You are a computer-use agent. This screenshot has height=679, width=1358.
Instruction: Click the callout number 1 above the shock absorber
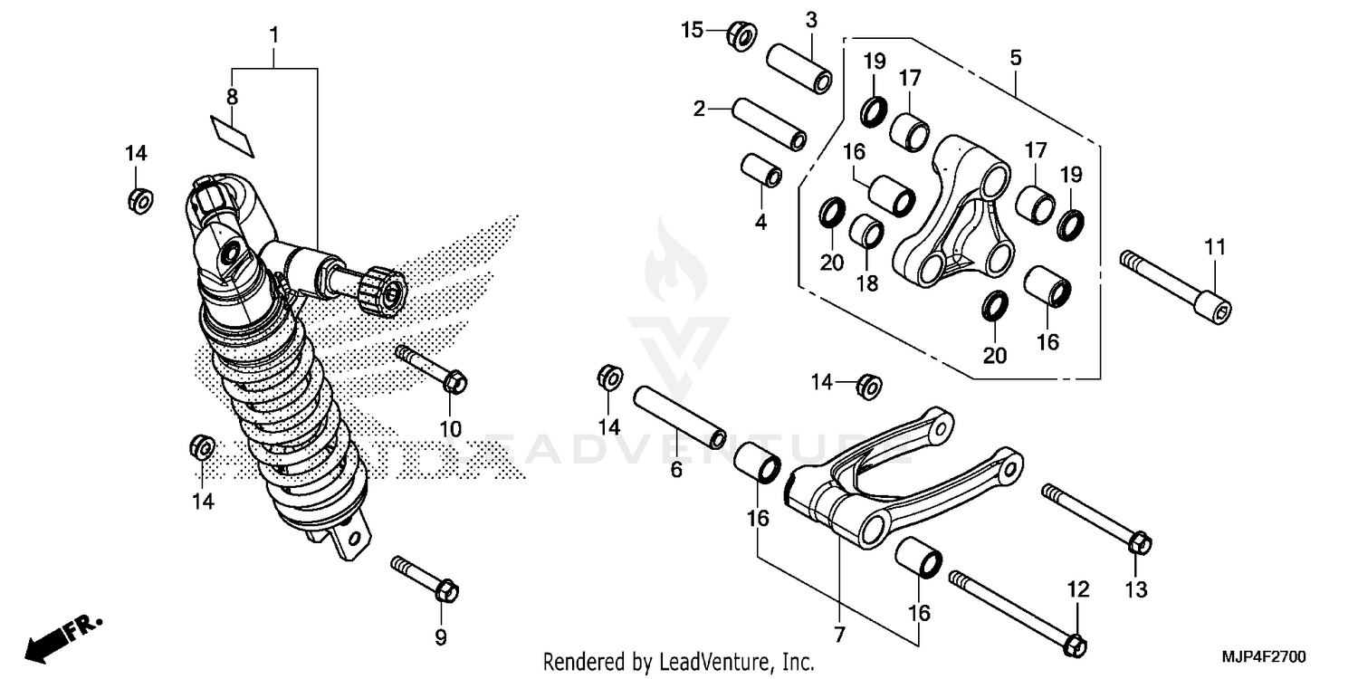(273, 36)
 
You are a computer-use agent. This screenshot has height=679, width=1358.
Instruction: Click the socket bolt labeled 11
(1177, 285)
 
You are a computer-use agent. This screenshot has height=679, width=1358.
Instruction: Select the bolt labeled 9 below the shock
(426, 579)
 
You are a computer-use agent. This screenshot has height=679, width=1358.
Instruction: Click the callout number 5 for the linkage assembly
(1016, 58)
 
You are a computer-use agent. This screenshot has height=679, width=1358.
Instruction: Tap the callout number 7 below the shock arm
(839, 635)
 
